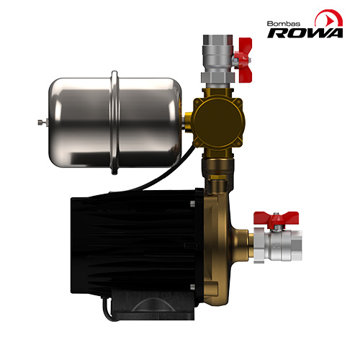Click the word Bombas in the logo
(284, 24)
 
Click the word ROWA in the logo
(305, 33)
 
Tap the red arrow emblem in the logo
(329, 18)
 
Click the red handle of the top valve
(243, 60)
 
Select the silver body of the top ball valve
(217, 59)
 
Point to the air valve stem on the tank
(43, 122)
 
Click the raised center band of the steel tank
(114, 122)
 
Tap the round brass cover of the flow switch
(217, 123)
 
